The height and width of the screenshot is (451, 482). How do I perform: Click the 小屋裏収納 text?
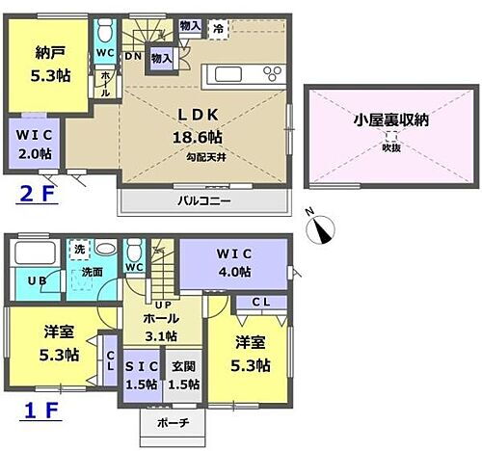click(392, 122)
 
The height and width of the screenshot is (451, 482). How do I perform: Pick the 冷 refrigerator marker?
click(219, 29)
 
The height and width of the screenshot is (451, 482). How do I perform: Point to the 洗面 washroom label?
click(93, 273)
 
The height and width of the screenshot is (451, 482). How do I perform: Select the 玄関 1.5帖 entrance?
click(184, 374)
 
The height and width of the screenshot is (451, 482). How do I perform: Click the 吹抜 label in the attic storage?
click(390, 146)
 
